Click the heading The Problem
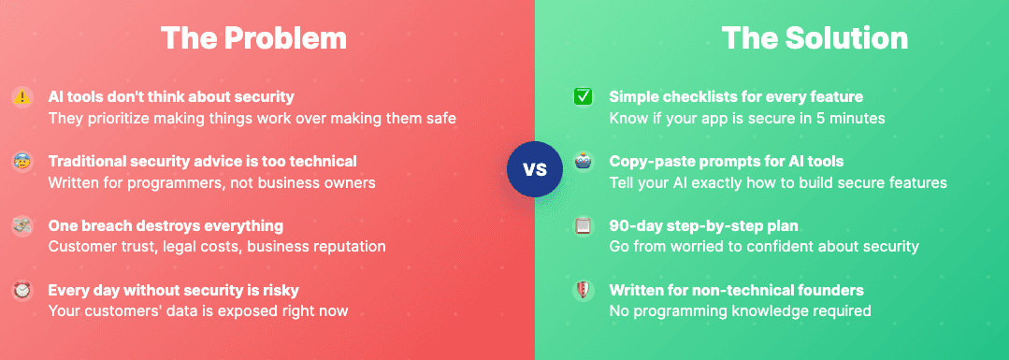point(252,38)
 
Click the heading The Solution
point(814,38)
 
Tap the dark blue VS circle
point(534,170)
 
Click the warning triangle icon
point(22,96)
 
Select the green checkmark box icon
point(583,96)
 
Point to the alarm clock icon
point(22,290)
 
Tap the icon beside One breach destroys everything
point(22,225)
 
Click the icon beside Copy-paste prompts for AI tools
point(583,161)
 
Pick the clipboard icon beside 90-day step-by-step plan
point(583,225)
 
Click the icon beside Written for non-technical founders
point(583,290)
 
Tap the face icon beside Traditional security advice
point(22,161)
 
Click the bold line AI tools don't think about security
point(171,96)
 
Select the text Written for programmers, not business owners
point(211,182)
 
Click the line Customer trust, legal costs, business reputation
point(217,247)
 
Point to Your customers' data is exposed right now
point(198,311)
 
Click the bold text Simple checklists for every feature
point(736,96)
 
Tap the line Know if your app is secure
point(747,118)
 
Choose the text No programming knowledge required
point(740,311)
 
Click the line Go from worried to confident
point(764,247)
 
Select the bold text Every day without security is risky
point(174,290)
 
